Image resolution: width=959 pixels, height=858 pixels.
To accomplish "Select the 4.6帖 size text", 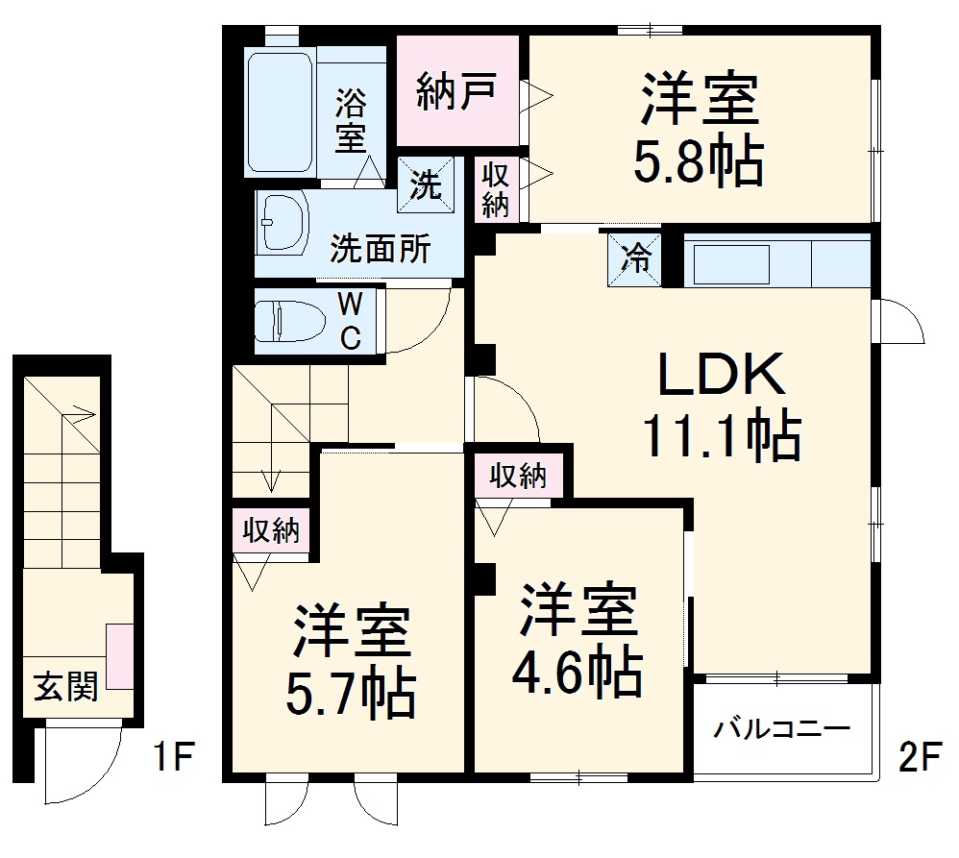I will point(577,674).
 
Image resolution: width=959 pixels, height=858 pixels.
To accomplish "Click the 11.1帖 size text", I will point(722,437).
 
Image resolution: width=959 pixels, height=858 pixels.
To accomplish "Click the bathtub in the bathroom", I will point(280,112).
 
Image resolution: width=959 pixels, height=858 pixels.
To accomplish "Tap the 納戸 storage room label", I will point(456,91).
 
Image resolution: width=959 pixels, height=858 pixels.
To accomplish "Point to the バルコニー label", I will point(781,728).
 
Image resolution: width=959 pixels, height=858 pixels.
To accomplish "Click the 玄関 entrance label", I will point(65,687).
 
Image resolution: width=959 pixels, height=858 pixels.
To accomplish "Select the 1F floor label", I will point(174,759).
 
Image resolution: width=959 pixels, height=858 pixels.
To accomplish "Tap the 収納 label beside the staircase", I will point(271,530).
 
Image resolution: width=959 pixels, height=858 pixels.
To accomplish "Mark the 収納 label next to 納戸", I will point(496,188).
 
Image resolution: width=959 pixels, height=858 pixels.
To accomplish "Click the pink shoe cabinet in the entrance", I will point(120,655).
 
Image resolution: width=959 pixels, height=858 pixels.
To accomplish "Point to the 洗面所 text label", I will point(381,250).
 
